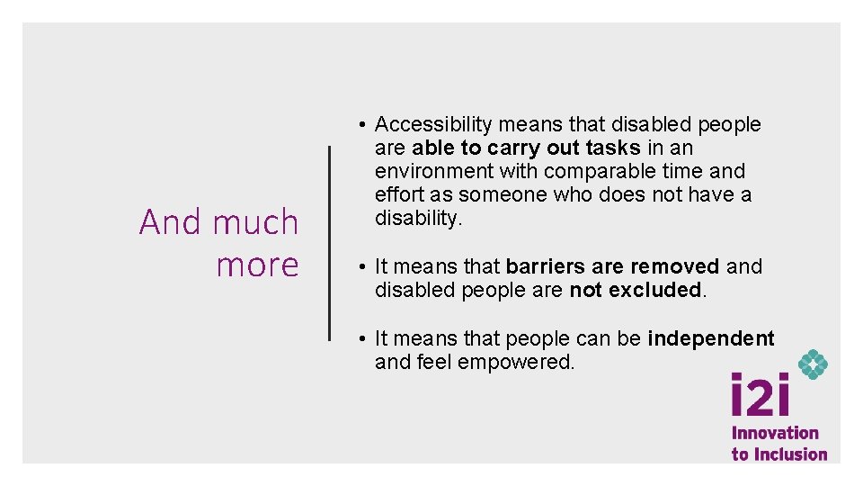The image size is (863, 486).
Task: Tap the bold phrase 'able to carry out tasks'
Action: [526, 148]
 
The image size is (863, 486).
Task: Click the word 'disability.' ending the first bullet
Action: [418, 218]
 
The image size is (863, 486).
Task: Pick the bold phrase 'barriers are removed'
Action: [612, 266]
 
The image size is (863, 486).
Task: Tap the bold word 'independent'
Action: [710, 338]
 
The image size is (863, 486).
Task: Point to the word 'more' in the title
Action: [257, 265]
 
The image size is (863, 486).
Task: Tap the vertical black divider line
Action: [329, 243]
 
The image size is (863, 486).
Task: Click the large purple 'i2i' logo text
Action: [760, 396]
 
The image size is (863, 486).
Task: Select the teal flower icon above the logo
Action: [813, 364]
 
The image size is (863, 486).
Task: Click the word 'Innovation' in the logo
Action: [775, 433]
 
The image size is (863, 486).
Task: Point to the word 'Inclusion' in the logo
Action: [790, 454]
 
